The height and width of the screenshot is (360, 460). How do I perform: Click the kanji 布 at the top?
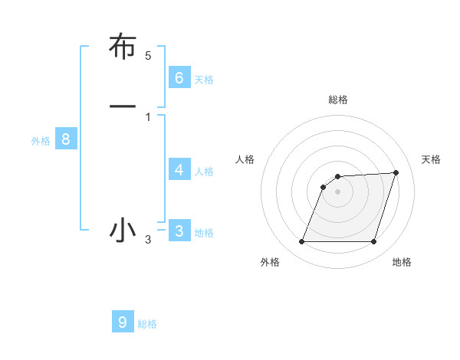123,47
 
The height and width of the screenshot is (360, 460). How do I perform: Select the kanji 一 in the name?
123,105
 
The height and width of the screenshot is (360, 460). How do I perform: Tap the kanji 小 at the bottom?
123,230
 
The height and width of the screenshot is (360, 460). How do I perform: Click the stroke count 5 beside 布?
148,56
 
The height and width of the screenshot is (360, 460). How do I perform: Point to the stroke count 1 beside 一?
148,116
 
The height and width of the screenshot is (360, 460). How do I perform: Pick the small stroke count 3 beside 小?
148,241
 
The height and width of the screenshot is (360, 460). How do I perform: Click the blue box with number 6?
179,77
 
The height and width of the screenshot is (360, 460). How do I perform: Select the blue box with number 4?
179,169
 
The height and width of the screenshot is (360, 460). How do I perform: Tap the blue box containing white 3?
179,231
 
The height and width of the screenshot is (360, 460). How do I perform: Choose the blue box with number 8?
66,139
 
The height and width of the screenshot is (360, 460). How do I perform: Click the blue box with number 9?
123,322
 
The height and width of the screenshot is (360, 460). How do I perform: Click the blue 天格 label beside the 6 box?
204,79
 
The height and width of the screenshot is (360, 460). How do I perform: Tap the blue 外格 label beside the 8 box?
41,141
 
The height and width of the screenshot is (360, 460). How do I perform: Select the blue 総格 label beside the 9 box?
147,324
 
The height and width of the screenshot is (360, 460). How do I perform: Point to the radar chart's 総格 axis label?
337,100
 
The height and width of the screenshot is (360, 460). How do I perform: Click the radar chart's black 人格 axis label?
245,159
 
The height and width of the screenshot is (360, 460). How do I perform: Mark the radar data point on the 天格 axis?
396,172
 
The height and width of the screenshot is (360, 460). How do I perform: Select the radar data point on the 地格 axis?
373,242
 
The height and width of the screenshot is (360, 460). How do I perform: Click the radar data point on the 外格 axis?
301,242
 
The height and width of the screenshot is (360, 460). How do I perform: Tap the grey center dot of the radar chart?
337,192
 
